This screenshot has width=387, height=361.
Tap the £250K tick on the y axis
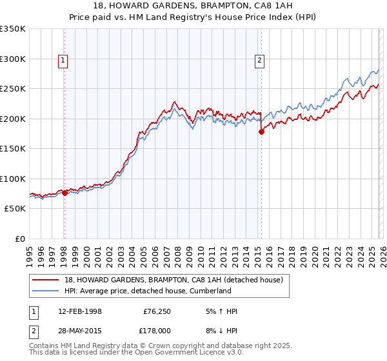[x=13, y=89]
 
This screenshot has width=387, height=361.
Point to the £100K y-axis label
[x=13, y=179]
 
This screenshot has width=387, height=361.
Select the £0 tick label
[x=19, y=239]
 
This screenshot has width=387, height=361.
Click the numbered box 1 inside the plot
[x=63, y=61]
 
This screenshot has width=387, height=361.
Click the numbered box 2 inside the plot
[x=259, y=61]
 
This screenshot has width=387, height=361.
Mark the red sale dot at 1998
[x=64, y=193]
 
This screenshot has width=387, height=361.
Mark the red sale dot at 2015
[x=261, y=132]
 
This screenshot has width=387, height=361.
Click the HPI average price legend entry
[x=148, y=291]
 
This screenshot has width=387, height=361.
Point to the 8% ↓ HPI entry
[x=219, y=329]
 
